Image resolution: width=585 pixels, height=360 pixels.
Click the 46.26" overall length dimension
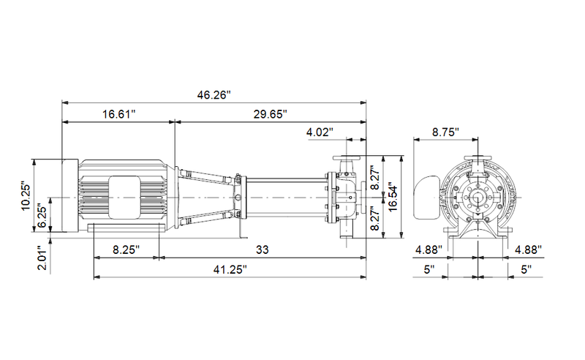coord(214,94)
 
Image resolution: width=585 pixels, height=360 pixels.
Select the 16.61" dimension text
coord(119,114)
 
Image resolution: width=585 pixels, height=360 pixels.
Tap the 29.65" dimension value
coord(269,114)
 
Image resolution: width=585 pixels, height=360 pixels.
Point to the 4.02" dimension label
coord(320,132)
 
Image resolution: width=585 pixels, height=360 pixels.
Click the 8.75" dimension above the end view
coord(445,132)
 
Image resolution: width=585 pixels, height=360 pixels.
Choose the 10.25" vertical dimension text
coord(26,196)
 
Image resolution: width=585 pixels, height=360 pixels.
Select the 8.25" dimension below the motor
coord(127,250)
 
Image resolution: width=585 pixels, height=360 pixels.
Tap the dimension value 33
coord(263,250)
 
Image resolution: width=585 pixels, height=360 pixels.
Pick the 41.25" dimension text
coord(229,269)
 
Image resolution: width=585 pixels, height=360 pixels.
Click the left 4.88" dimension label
coord(429,250)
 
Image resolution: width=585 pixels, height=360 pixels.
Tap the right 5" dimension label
coord(525,269)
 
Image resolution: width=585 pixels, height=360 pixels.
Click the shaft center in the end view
coord(479,197)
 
